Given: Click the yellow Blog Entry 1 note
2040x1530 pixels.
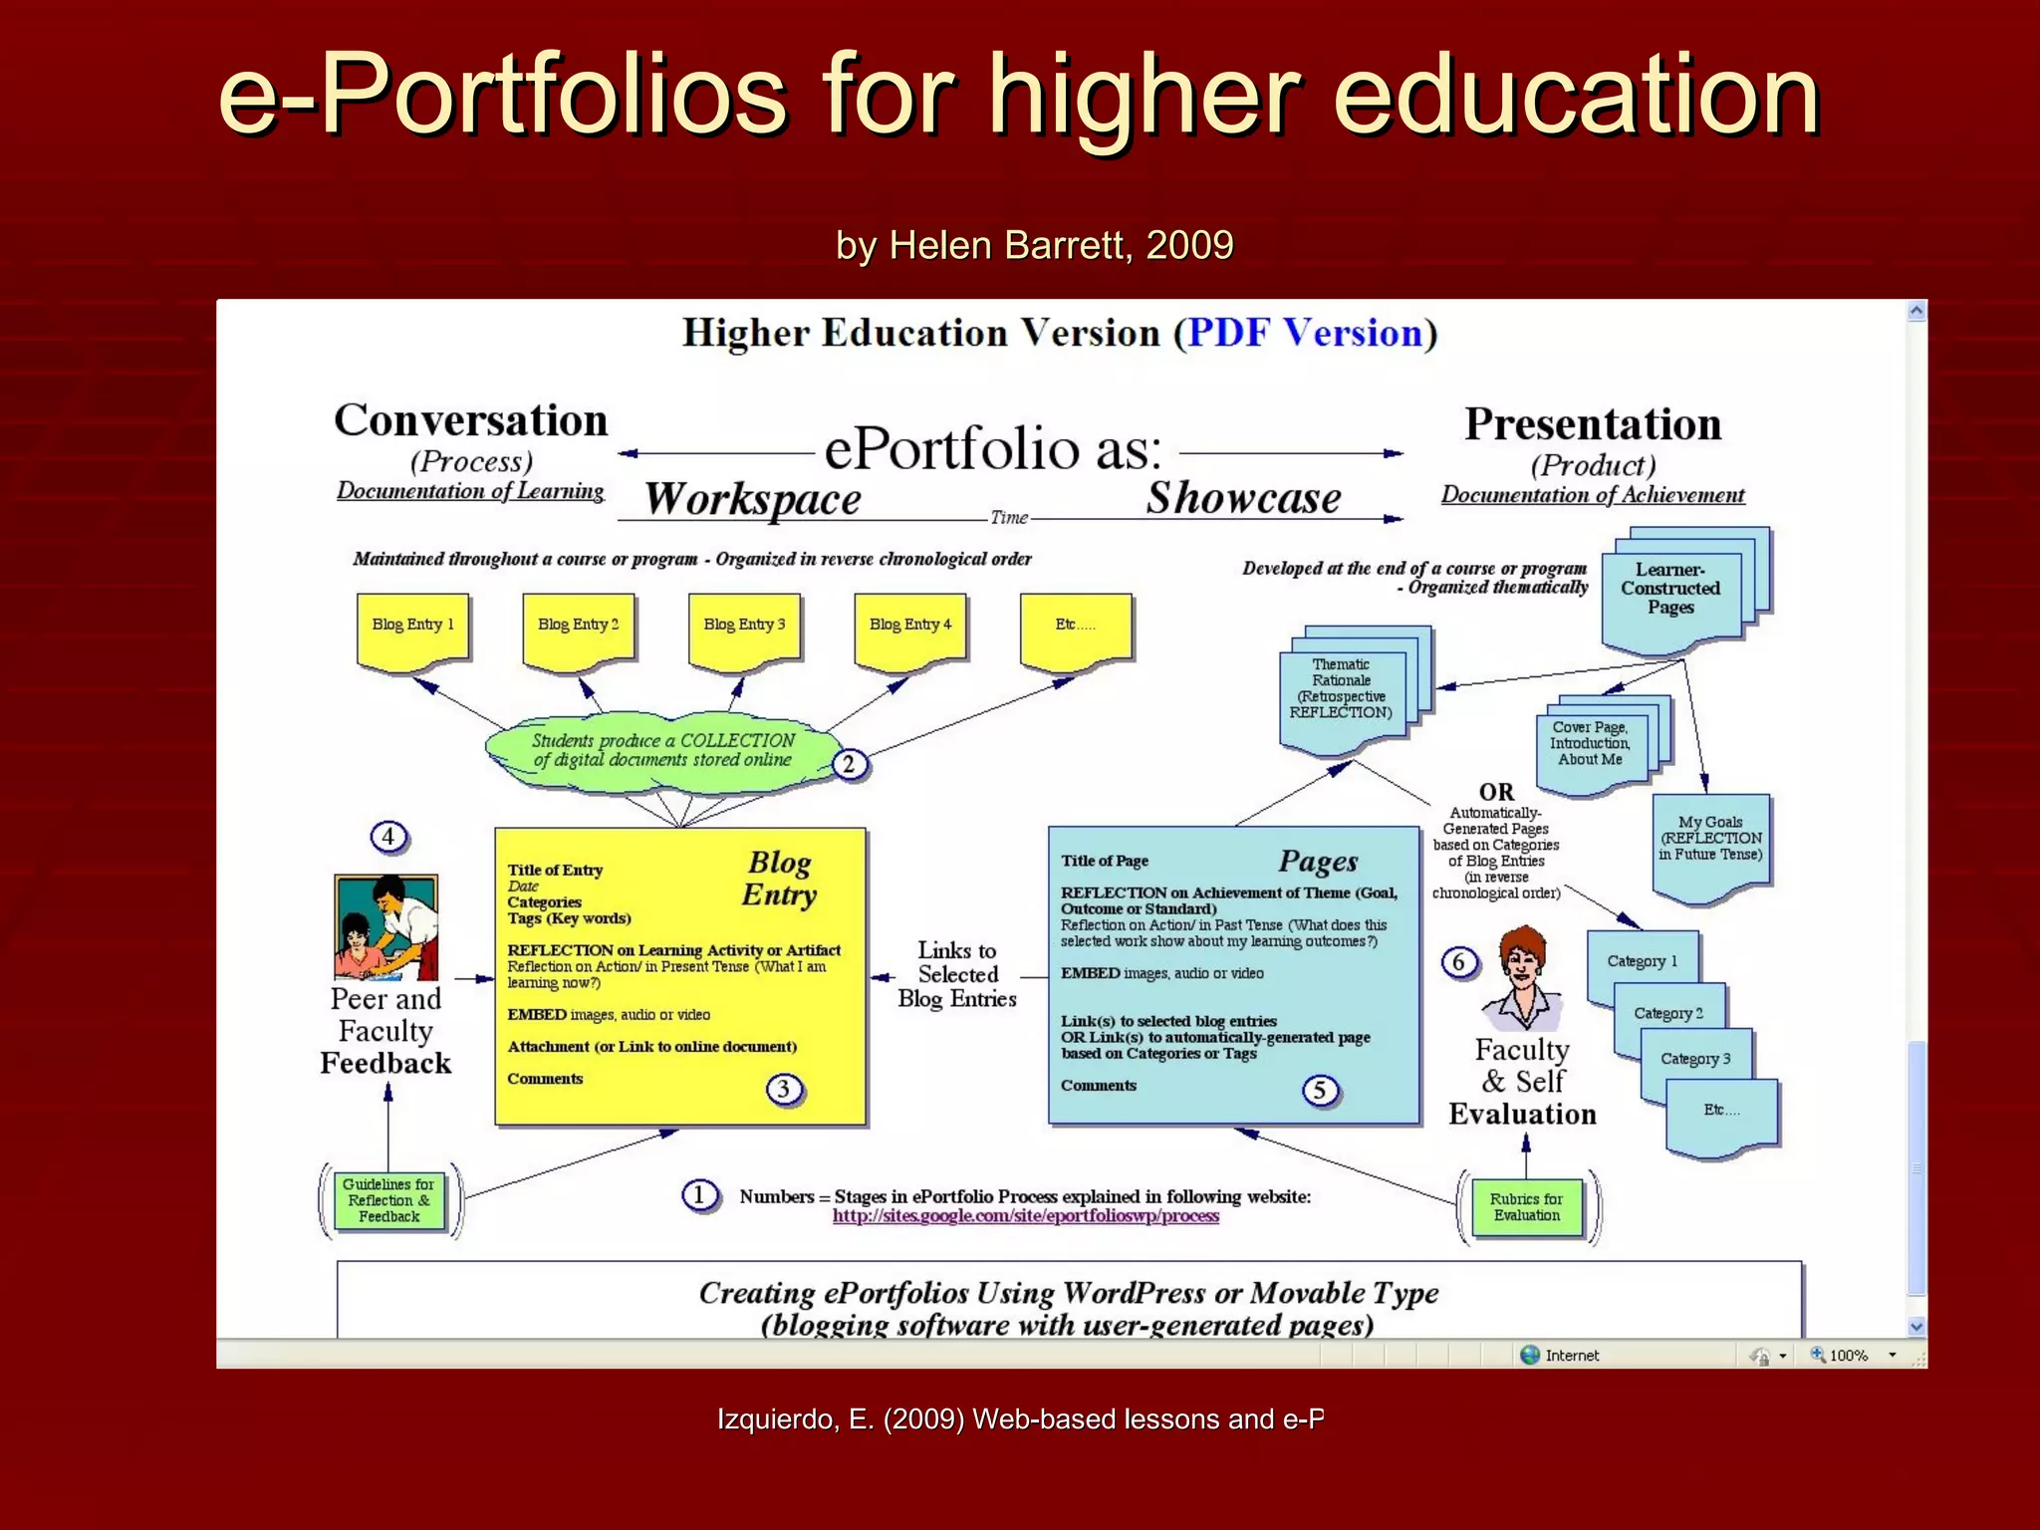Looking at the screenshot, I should click(x=412, y=628).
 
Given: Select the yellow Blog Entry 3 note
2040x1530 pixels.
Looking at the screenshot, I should click(x=744, y=628).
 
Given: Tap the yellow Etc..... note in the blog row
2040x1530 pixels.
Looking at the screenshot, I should click(x=1076, y=628).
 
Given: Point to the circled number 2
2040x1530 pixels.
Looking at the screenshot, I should click(x=849, y=764).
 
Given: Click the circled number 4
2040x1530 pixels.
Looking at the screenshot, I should click(x=388, y=837).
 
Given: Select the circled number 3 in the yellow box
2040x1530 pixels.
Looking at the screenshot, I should click(x=784, y=1089).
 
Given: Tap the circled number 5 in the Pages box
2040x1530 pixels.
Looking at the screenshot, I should click(x=1320, y=1091).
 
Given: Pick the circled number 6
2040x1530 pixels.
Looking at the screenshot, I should click(x=1459, y=962).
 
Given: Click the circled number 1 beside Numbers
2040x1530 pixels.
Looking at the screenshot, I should click(x=699, y=1195).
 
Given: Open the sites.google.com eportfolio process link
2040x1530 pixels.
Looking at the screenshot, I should click(x=1025, y=1216).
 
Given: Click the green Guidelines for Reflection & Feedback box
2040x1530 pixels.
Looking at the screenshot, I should click(x=388, y=1200).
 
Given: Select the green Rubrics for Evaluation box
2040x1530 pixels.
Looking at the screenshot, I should click(x=1527, y=1207).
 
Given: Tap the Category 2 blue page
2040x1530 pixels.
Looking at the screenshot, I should click(x=1668, y=1014).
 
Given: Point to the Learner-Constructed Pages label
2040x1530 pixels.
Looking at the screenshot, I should click(x=1670, y=589).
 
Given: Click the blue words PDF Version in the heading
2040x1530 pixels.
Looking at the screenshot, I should click(x=1304, y=334).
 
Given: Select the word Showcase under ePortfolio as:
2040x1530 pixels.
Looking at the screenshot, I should click(x=1243, y=498).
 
